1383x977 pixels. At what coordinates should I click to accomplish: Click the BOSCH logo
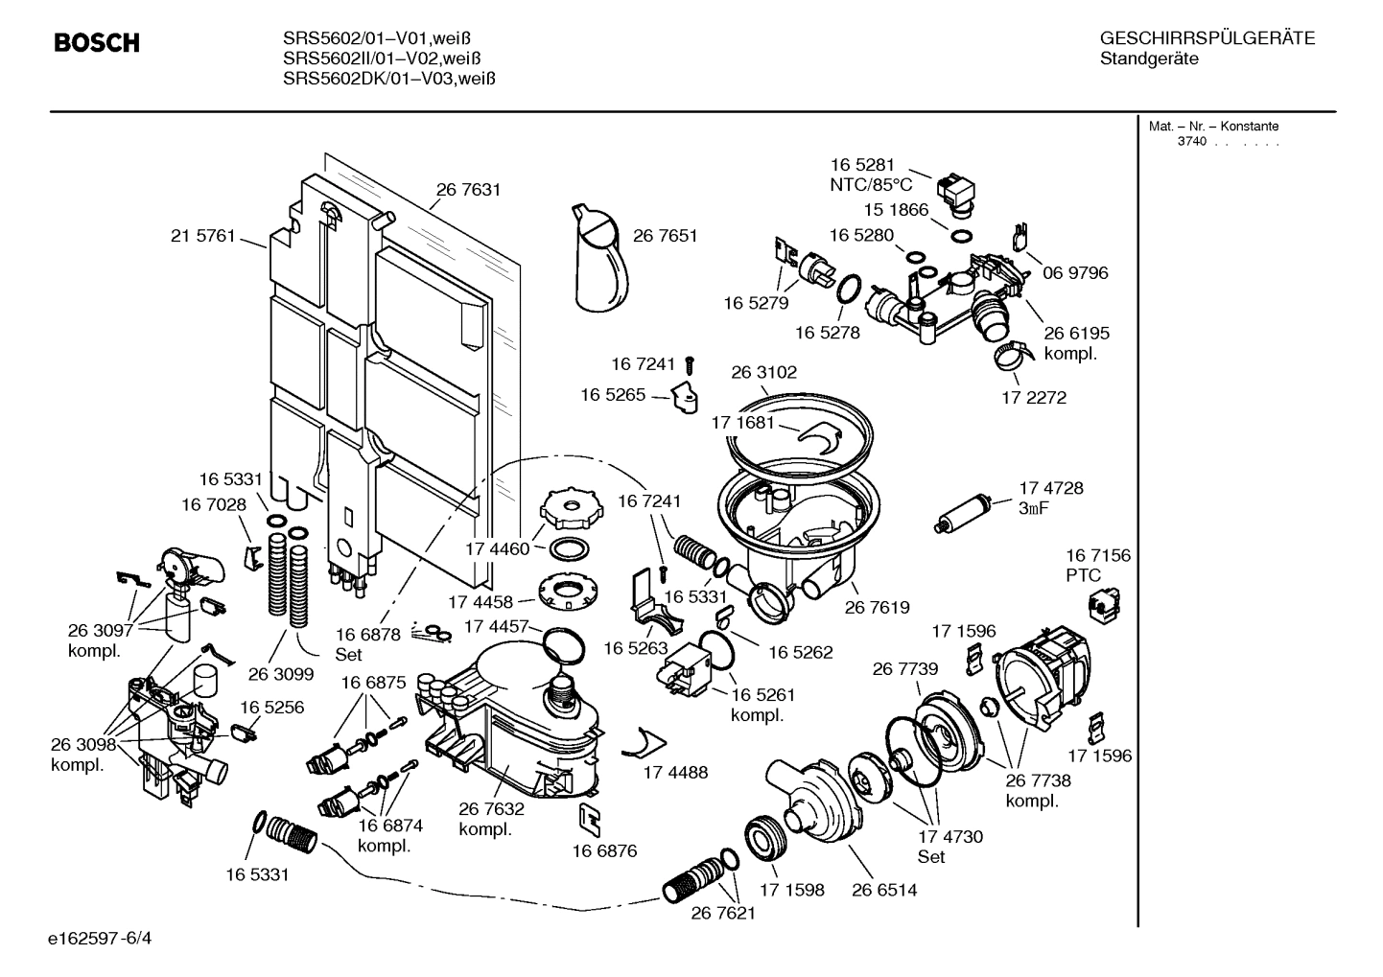pyautogui.click(x=97, y=43)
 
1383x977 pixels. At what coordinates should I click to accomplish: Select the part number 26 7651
pyautogui.click(x=665, y=236)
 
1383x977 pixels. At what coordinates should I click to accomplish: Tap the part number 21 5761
pyautogui.click(x=202, y=236)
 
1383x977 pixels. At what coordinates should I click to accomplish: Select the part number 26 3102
pyautogui.click(x=763, y=372)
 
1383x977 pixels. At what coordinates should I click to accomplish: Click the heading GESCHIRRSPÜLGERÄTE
pyautogui.click(x=1207, y=38)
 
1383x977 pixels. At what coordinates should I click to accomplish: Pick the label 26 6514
pyautogui.click(x=883, y=890)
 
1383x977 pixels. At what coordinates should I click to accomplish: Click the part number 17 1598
pyautogui.click(x=792, y=890)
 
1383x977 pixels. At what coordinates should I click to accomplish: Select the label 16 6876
pyautogui.click(x=604, y=850)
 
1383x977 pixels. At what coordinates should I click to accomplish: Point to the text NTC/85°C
pyautogui.click(x=871, y=184)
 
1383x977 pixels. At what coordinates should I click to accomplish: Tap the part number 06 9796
pyautogui.click(x=1075, y=273)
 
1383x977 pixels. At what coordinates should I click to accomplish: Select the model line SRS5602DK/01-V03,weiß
pyautogui.click(x=388, y=79)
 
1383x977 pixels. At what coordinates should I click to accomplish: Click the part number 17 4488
pyautogui.click(x=675, y=772)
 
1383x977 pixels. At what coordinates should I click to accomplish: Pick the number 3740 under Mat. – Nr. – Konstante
pyautogui.click(x=1193, y=142)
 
